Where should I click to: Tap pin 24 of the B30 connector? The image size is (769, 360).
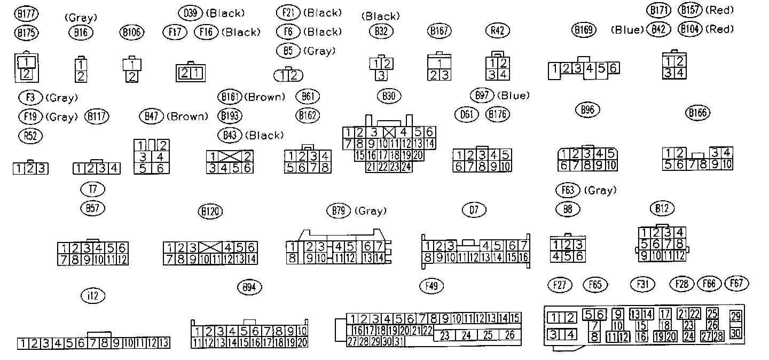[406, 167]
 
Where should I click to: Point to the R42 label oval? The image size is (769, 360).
[497, 31]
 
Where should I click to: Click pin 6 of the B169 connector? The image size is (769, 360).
[614, 68]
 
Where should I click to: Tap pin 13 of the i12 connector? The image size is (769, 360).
[164, 343]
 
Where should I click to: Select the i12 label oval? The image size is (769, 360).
[93, 296]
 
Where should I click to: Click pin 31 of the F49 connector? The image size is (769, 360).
[399, 341]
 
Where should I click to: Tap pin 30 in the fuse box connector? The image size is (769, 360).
[736, 333]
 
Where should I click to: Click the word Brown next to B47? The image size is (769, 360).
[187, 116]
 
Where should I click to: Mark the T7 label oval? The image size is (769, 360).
[93, 189]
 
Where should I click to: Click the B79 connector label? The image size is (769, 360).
[338, 211]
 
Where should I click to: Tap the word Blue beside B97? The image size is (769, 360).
[513, 96]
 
